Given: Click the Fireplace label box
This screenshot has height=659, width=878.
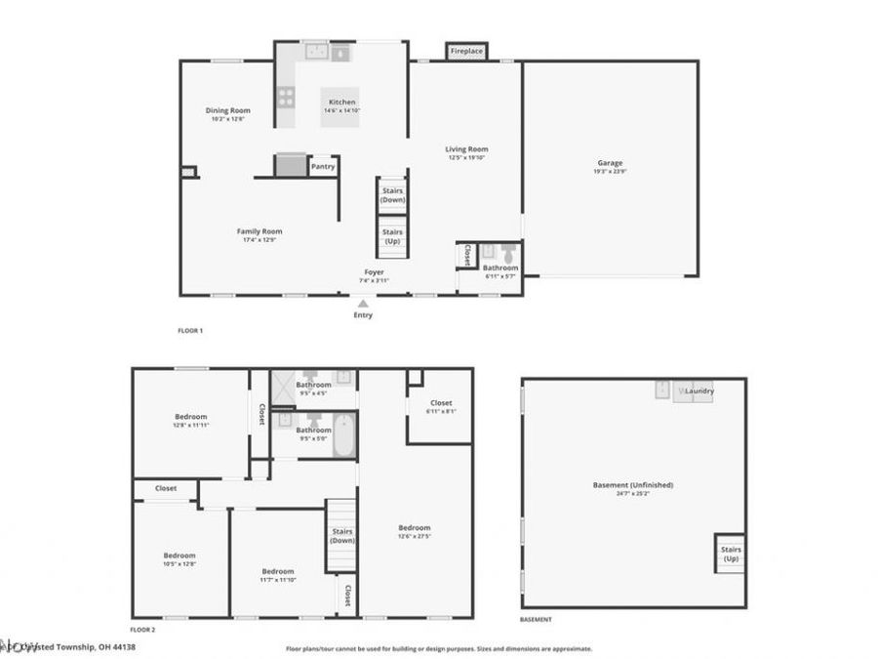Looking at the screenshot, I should tap(465, 51).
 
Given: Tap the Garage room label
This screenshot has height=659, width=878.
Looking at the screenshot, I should tap(610, 163).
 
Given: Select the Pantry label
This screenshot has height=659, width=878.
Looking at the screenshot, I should tap(323, 166).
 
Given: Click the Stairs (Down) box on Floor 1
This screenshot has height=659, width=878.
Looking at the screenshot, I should tap(392, 194).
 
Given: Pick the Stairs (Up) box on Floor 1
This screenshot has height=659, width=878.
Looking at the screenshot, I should tap(392, 236).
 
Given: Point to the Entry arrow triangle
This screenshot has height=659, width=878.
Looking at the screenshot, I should tap(363, 304).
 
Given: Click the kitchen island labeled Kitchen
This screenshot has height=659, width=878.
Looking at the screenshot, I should tap(340, 103).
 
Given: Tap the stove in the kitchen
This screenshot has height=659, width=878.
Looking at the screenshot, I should tap(286, 97).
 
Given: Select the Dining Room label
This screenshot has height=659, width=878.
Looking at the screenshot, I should tap(227, 111).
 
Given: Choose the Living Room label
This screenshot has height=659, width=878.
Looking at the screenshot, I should tap(466, 149).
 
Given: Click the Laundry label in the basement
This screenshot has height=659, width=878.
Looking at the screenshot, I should tap(699, 391).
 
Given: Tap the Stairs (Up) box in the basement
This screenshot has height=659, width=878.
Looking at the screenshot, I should tap(731, 554).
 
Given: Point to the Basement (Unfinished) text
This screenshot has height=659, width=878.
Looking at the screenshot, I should tap(633, 484).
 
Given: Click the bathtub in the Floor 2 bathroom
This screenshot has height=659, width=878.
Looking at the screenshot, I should tap(344, 434).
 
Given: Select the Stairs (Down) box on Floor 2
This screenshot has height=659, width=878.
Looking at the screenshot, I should tap(341, 535).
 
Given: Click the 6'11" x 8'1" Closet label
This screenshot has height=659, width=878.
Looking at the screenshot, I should tap(441, 403).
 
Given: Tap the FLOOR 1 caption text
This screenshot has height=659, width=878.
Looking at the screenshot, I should tap(190, 331).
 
